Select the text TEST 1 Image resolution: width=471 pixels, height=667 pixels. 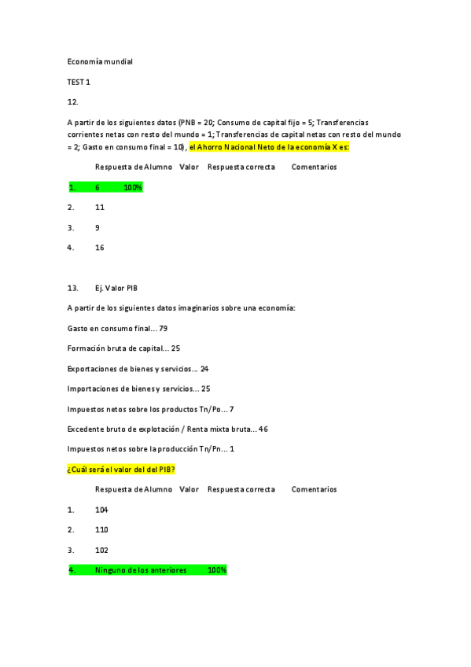(79, 81)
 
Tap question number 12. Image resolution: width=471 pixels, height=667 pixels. (73, 101)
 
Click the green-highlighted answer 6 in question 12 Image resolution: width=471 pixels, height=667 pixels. (98, 187)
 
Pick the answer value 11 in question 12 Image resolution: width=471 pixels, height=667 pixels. (100, 208)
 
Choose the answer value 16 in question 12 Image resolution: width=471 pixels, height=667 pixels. (100, 248)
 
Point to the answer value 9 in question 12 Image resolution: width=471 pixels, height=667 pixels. (98, 228)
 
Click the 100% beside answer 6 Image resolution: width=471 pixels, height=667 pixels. (133, 187)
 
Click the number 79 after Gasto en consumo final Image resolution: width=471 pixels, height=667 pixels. (164, 328)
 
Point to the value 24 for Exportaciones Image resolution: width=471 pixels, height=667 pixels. (204, 368)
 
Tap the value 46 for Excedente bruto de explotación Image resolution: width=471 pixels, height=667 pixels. (263, 429)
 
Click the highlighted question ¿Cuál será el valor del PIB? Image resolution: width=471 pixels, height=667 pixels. (121, 469)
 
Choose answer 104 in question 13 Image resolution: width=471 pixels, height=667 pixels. (101, 510)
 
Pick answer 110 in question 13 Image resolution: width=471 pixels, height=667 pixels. (101, 529)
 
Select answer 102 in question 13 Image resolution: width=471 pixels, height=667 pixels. (101, 550)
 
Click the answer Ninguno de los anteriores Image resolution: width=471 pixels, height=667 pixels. (141, 569)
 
